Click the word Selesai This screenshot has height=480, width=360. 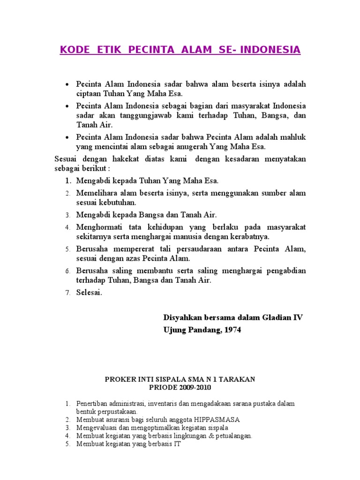89,292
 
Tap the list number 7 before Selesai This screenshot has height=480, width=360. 67,293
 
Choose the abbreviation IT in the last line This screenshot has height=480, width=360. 177,443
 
